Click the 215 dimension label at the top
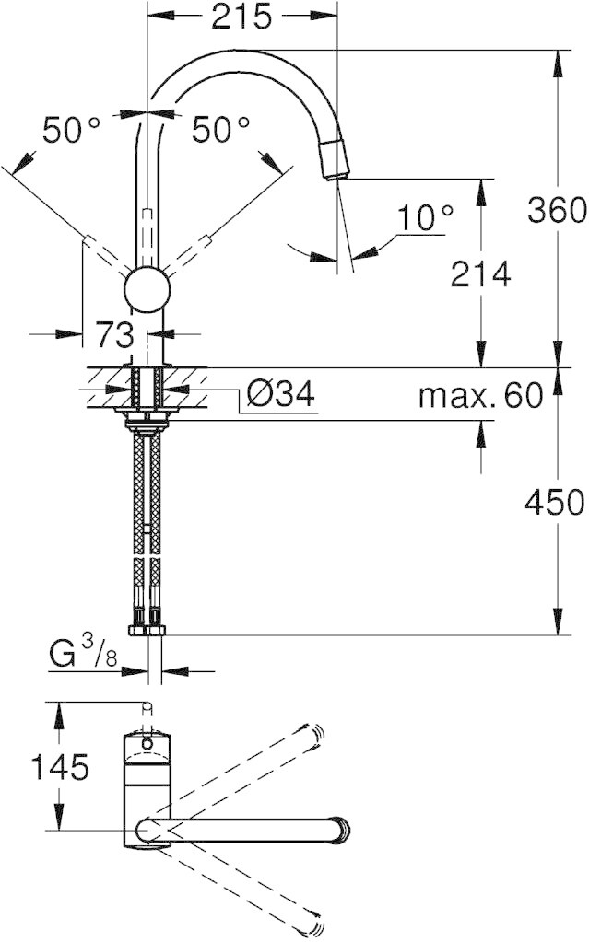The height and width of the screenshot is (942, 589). (x=241, y=17)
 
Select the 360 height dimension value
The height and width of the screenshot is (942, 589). (x=557, y=210)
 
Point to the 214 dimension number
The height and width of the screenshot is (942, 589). (x=481, y=274)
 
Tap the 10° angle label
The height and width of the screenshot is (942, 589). (x=425, y=217)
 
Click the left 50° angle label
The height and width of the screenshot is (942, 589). (x=70, y=130)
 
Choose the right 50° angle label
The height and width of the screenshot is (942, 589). (x=220, y=130)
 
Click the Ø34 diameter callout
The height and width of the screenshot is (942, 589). (x=280, y=395)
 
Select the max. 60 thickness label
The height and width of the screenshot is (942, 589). (x=481, y=395)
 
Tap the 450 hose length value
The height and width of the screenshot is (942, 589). (x=555, y=502)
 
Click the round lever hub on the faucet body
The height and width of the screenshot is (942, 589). (x=147, y=290)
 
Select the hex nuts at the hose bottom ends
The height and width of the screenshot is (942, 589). (x=147, y=630)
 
